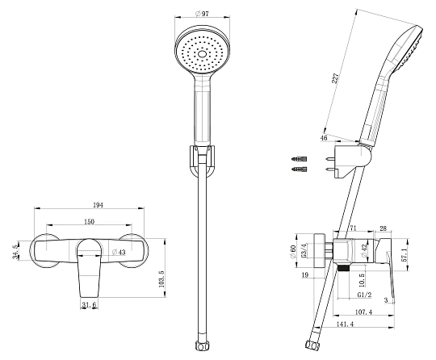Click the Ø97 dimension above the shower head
click(202, 14)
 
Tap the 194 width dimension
click(98, 205)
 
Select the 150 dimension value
click(89, 221)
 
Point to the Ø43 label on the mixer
click(119, 252)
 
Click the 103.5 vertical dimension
click(162, 279)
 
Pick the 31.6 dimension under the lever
click(89, 304)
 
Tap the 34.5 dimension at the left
click(15, 252)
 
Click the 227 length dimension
click(336, 78)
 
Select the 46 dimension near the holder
click(324, 138)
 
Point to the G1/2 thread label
click(364, 295)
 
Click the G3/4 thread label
click(304, 251)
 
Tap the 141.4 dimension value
click(345, 324)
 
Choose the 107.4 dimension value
click(363, 312)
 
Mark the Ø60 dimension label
click(292, 252)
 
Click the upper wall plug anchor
click(300, 159)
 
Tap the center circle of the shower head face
click(202, 54)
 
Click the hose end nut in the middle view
click(202, 345)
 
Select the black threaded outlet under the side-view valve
click(342, 268)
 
